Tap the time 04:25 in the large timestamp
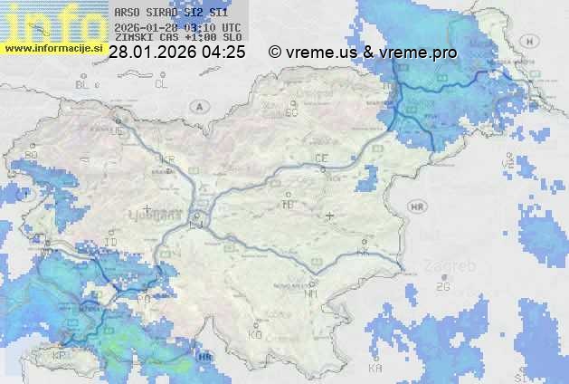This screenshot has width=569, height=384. (x=223, y=53)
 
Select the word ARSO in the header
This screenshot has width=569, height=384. (x=126, y=13)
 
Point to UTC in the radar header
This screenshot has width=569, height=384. (x=231, y=27)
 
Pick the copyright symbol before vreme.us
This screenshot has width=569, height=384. (x=275, y=53)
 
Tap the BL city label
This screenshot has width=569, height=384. (x=85, y=84)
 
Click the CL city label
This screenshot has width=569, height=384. (x=161, y=84)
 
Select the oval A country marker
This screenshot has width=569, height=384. (x=198, y=106)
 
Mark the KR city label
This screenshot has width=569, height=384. (x=166, y=159)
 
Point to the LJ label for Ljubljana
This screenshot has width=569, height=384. (x=196, y=223)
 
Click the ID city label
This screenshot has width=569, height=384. (x=111, y=242)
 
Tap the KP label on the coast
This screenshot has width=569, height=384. (x=60, y=356)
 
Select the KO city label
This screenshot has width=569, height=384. (x=255, y=334)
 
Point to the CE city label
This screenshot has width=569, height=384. (x=320, y=158)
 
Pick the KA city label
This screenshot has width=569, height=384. (x=375, y=368)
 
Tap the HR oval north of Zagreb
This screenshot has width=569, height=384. (x=417, y=207)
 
